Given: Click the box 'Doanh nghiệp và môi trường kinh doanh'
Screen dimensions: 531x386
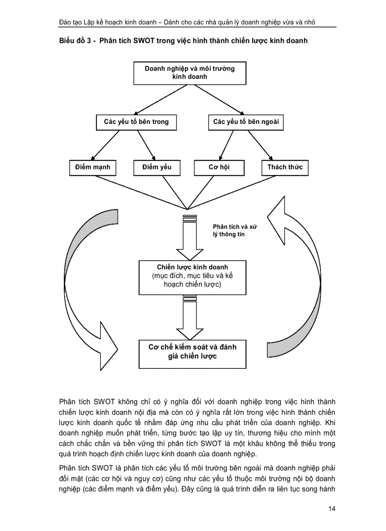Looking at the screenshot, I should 190,73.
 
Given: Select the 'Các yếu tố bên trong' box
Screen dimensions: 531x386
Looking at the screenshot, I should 136,122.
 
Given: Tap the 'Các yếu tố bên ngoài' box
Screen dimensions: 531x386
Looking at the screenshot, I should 246,122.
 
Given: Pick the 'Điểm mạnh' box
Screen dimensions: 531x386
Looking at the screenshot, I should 92,167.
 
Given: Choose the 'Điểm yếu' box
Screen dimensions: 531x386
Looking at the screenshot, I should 156,167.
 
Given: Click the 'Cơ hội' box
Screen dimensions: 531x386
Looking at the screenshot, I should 219,167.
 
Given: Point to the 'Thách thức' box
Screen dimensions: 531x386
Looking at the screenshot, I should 285,167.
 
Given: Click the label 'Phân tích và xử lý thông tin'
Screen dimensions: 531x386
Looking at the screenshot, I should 235,230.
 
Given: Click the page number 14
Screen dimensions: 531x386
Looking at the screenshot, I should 331,509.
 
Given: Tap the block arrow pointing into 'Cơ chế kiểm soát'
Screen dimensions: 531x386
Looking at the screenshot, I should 189,317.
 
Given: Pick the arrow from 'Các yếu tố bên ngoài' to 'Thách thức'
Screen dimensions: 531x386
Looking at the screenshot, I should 260,145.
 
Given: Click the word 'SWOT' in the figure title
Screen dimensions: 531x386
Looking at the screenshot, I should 149,41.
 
